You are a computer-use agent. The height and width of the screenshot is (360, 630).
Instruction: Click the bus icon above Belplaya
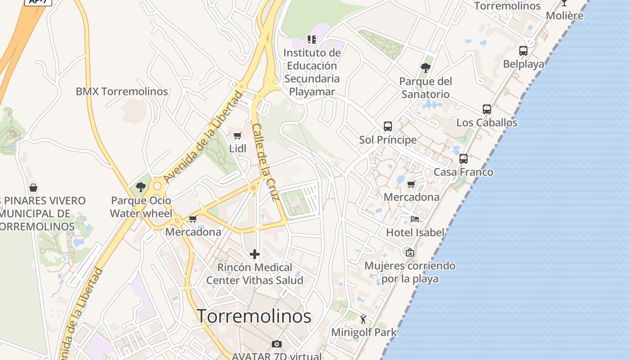coord(523,50)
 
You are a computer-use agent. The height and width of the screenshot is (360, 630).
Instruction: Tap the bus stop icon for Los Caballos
coord(487,109)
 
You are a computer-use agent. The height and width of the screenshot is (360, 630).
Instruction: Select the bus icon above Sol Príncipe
coord(388,126)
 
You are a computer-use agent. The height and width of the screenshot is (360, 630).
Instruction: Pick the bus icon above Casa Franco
coord(463,158)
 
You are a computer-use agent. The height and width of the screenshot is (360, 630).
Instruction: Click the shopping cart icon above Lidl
coord(238,135)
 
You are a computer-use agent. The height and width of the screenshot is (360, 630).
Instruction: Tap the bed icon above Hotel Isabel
coord(415,219)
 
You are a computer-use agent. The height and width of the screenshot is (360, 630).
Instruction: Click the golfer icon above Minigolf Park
coord(364,319)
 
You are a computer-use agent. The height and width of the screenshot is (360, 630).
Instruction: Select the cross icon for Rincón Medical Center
coord(255,254)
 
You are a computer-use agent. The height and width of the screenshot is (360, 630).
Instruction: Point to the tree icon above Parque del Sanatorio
coord(425,68)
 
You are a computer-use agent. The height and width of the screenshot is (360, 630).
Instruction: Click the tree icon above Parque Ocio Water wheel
coord(141,187)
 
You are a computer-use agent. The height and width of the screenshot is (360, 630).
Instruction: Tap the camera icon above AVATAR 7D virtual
coord(277,344)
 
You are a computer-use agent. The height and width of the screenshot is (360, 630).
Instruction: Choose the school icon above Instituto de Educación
coord(312,40)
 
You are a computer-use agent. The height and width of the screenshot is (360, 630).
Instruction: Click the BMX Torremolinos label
coord(121,91)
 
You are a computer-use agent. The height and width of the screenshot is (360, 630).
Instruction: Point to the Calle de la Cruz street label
coord(266,162)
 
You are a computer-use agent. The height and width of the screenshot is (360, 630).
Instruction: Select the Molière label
coord(564,16)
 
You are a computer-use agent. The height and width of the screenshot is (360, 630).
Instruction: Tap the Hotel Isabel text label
coord(415,233)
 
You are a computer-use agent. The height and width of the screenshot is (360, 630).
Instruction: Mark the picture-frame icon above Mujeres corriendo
coord(409,252)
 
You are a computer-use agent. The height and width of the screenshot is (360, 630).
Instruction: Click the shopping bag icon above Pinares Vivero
coord(33,188)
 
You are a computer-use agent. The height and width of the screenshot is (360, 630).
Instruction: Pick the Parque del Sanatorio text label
coord(425,88)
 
